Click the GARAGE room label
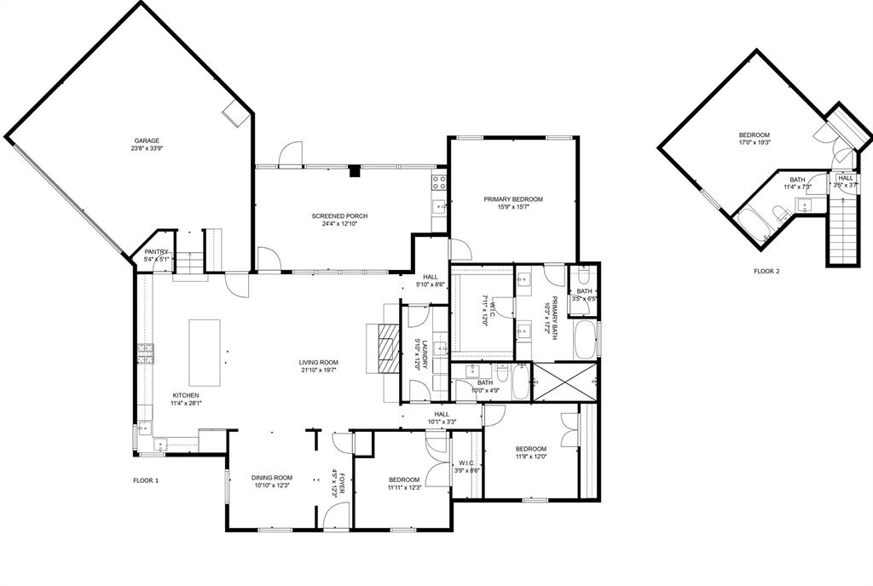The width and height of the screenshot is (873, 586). click(147, 141)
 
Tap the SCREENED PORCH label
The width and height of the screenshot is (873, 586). click(338, 215)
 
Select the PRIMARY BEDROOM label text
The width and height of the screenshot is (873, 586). click(513, 199)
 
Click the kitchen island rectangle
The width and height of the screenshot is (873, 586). click(204, 353)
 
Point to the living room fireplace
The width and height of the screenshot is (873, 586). click(386, 348)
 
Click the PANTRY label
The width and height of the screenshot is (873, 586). click(156, 251)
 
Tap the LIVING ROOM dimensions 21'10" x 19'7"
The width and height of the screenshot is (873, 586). click(319, 370)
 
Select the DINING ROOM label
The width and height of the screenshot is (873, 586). click(271, 478)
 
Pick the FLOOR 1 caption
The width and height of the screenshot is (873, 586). click(146, 480)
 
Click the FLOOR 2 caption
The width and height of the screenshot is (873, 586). click(766, 272)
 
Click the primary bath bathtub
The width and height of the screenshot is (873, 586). click(585, 338)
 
